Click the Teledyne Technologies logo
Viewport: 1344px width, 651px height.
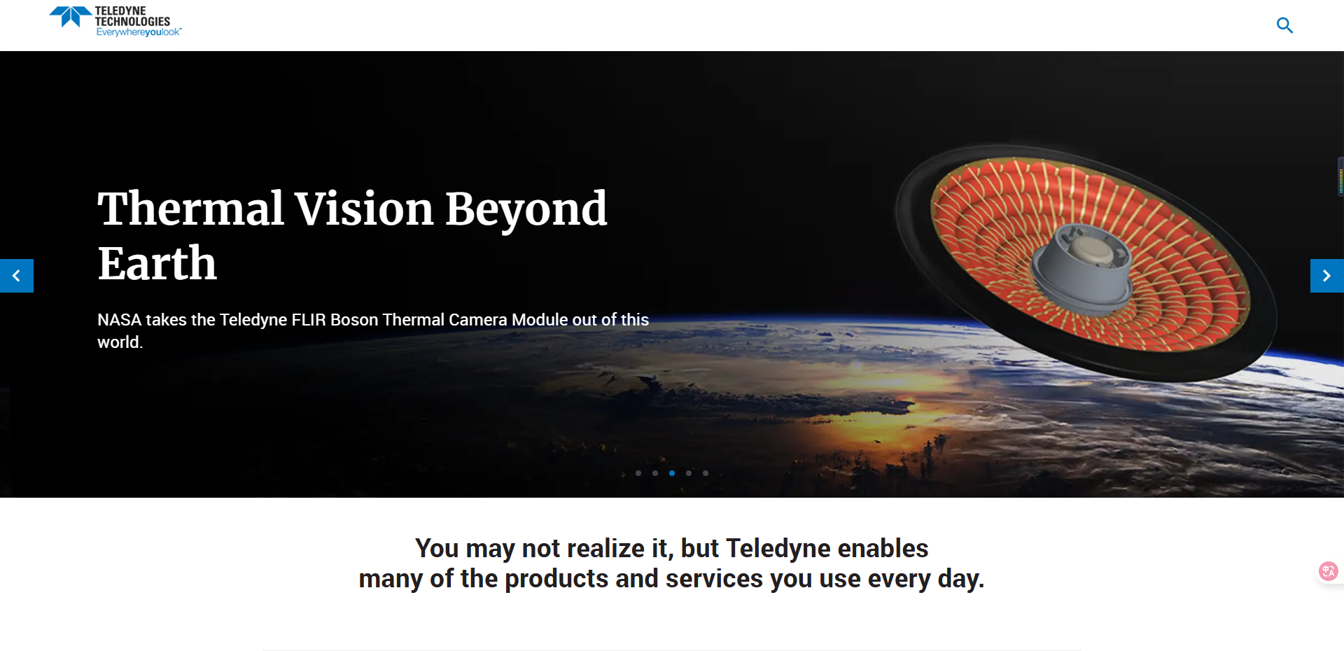[x=112, y=20]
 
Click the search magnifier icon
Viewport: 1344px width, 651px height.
[x=1284, y=25]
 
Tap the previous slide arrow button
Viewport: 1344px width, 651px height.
[x=16, y=276]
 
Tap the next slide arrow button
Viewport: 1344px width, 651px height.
[x=1326, y=276]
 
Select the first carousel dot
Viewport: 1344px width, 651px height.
[x=638, y=473]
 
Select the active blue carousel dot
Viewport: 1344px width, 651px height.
[x=672, y=473]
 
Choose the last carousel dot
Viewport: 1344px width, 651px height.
[x=706, y=473]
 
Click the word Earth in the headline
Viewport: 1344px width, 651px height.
[x=157, y=264]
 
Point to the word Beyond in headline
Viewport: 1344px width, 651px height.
[x=526, y=209]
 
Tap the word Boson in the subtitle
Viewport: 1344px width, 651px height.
[x=354, y=320]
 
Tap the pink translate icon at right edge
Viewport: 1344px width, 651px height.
[x=1328, y=571]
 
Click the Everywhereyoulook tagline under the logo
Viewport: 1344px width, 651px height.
[x=138, y=32]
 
